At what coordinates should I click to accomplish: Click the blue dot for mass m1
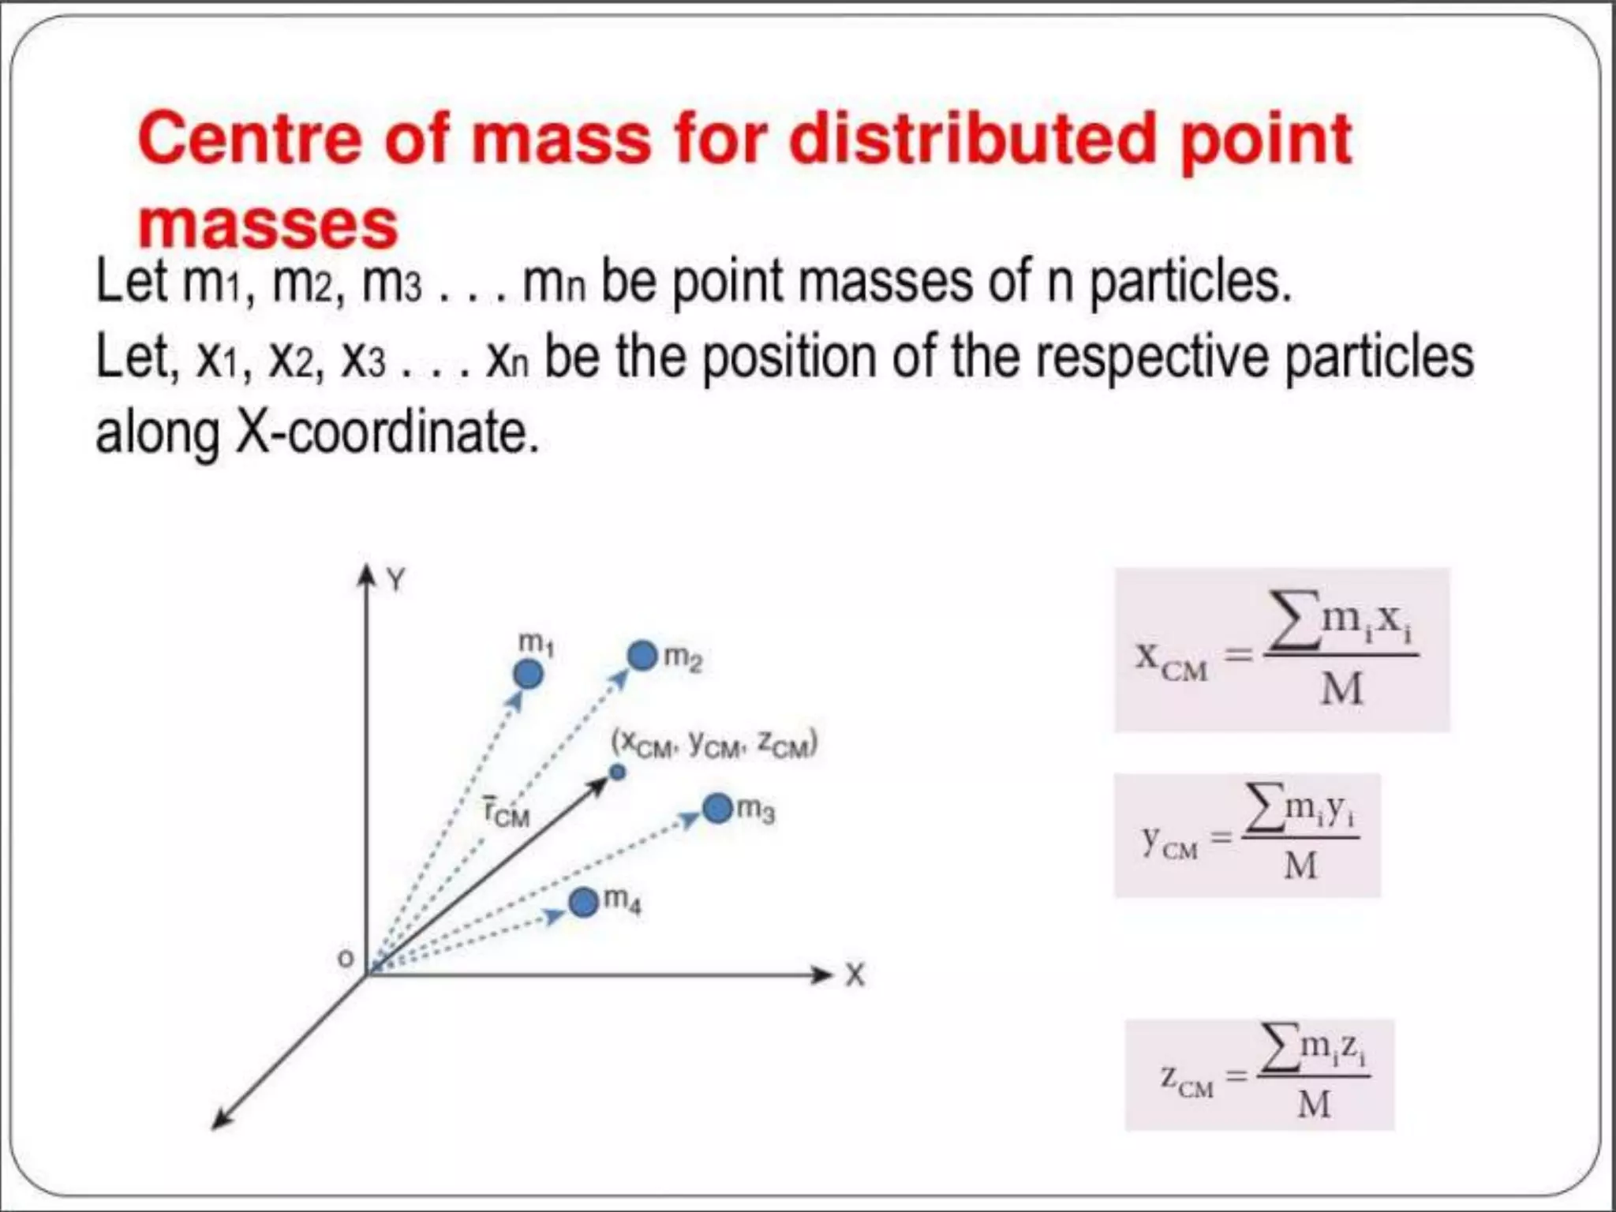coord(528,675)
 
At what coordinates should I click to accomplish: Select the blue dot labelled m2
coord(642,655)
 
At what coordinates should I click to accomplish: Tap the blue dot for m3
coord(718,808)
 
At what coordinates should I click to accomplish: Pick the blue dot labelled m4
coord(584,902)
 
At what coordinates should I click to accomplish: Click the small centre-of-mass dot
coord(618,772)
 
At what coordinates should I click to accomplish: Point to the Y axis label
coord(395,581)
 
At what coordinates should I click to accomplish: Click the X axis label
coord(855,975)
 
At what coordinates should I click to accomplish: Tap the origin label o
coord(345,958)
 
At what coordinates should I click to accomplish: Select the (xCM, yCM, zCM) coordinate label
coord(714,743)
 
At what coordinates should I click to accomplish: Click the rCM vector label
coord(506,813)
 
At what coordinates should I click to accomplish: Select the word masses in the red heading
coord(268,225)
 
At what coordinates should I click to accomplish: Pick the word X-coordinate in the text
coord(387,432)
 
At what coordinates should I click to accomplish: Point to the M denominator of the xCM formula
coord(1341,689)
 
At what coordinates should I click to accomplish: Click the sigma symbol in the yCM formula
coord(1262,806)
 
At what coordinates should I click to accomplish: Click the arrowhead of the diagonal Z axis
coord(219,1121)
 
